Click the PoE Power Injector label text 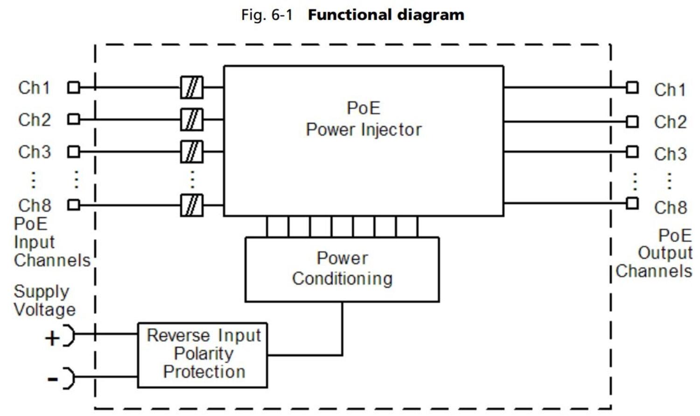tap(364, 119)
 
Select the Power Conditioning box tap(342, 269)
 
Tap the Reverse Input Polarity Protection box tap(203, 355)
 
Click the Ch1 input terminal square tap(74, 87)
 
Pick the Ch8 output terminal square tap(632, 203)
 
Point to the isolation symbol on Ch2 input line tap(192, 120)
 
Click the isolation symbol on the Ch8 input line tap(192, 205)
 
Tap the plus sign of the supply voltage tap(52, 338)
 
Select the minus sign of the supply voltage tap(52, 379)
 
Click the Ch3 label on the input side tap(34, 152)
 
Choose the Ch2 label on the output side tap(670, 122)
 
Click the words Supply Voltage tap(44, 300)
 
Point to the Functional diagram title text tap(386, 15)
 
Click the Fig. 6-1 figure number tap(266, 15)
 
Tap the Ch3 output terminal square tap(632, 152)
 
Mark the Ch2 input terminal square tap(74, 119)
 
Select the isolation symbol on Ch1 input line tap(192, 87)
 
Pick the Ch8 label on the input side tap(34, 205)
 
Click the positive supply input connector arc tap(69, 335)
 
